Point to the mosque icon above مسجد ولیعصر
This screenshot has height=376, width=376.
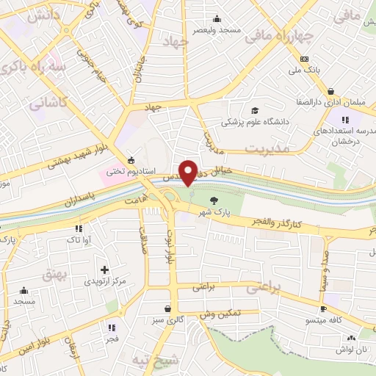(215, 18)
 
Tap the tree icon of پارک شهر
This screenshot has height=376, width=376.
(214, 199)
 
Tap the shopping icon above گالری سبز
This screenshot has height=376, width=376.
(169, 308)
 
